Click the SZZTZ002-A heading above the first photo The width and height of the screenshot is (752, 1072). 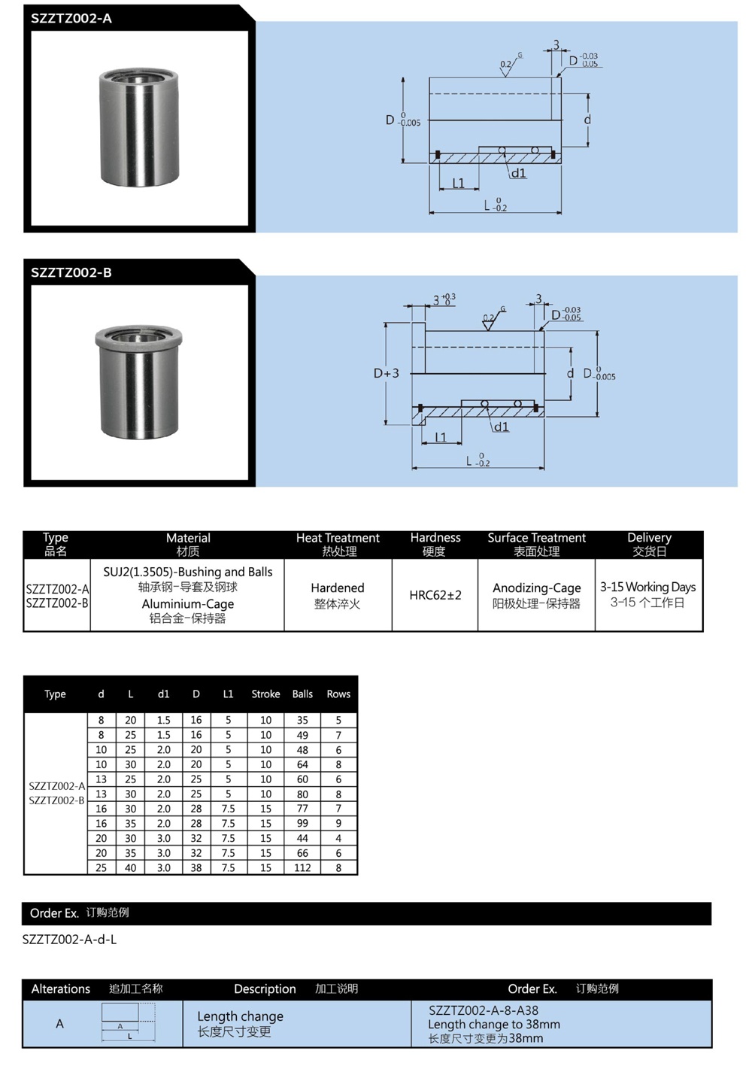pos(71,19)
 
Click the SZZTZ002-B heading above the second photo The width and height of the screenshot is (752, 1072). pos(71,272)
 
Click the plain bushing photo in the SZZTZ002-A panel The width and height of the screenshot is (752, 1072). pos(139,127)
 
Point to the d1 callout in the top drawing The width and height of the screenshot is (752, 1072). pos(519,173)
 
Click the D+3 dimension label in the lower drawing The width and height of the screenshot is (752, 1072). pos(387,373)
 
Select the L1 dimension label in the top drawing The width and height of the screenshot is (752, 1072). pos(458,183)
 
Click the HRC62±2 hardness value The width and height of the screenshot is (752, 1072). pos(435,595)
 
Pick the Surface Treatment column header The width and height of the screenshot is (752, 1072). pos(536,538)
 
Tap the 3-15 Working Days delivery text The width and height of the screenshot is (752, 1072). pos(647,587)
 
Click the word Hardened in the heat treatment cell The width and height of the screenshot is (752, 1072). pos(338,588)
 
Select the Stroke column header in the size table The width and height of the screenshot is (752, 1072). pos(265,694)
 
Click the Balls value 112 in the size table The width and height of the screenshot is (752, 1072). pos(302,867)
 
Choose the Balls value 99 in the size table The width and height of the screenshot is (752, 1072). pos(302,823)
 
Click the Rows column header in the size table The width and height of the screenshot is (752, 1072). pos(338,694)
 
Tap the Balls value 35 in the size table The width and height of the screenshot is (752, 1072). pos(302,720)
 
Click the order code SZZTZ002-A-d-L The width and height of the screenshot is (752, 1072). pos(69,940)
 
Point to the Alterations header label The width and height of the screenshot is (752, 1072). pos(61,988)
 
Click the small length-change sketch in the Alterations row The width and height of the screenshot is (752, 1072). pos(129,1023)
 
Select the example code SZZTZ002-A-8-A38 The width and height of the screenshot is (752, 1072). pos(484,1010)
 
